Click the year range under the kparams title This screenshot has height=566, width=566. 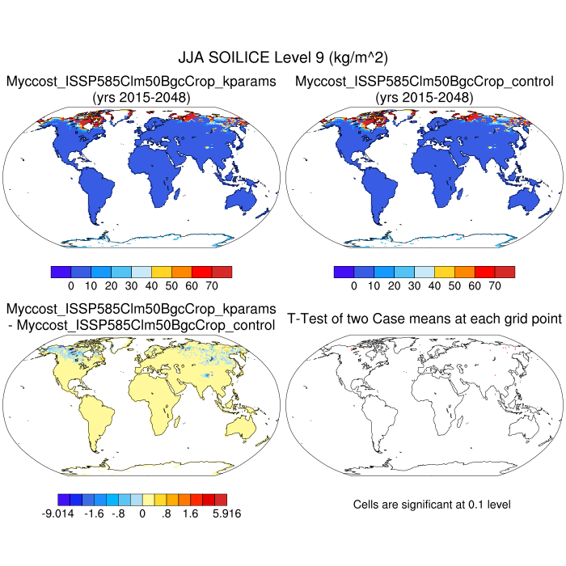pos(141,97)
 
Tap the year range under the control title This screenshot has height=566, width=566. pos(424,97)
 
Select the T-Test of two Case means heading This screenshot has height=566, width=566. pos(424,319)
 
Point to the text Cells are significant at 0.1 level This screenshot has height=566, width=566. pos(432,505)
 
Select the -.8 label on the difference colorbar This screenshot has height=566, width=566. pos(119,513)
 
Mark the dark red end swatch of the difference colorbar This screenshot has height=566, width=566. pos(221,499)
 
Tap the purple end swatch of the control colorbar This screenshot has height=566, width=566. pos(343,272)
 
